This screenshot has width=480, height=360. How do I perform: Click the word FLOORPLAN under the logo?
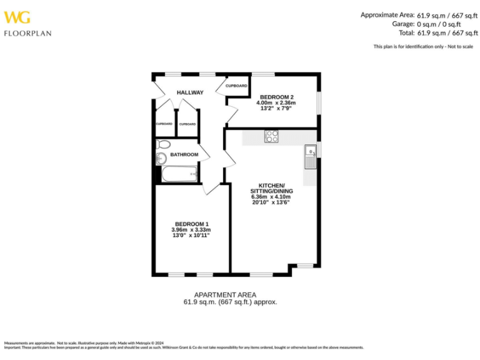click(27, 33)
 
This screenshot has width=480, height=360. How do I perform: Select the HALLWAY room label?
click(190, 92)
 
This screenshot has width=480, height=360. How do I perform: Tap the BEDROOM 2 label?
click(277, 97)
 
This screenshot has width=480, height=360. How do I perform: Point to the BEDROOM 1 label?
click(191, 224)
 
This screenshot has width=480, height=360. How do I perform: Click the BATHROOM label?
click(184, 154)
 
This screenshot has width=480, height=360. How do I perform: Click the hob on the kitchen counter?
click(271, 136)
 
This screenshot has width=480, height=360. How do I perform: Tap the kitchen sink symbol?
click(309, 156)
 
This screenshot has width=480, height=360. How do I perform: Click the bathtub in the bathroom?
click(179, 174)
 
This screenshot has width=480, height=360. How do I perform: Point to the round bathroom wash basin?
click(161, 158)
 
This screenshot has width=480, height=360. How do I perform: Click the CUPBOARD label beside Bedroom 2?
click(236, 86)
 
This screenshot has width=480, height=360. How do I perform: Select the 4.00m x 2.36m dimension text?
click(277, 102)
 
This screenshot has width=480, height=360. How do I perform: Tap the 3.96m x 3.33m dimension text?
click(191, 229)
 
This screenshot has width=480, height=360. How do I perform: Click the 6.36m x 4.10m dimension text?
click(271, 196)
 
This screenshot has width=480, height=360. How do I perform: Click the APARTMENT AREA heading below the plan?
click(225, 294)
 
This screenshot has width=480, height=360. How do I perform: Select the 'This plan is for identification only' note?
click(423, 46)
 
